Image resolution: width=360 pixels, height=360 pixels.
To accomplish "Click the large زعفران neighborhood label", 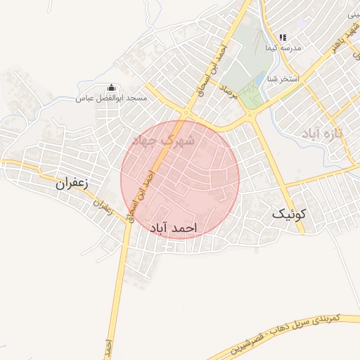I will tap(75, 184).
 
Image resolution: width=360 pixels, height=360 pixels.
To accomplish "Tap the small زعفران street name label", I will tap(103, 206).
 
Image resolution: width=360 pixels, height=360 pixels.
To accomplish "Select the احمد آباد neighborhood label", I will tap(173, 229).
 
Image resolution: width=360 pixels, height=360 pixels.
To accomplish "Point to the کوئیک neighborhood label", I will tap(290, 216).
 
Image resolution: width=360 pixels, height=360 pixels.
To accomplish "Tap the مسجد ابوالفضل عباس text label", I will tap(112, 98).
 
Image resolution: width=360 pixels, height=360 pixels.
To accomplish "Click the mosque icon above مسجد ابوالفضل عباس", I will tap(111, 88).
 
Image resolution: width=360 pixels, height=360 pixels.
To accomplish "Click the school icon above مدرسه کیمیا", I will tap(283, 37).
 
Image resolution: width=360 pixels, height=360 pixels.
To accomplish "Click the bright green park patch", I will tap(248, 95).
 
